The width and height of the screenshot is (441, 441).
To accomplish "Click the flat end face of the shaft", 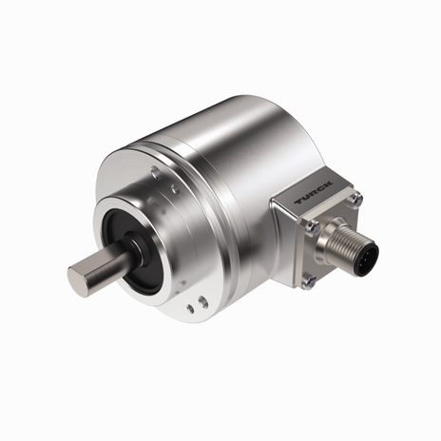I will pos(79,276).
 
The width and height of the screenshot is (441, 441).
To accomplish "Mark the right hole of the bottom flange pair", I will pos(203,302).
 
